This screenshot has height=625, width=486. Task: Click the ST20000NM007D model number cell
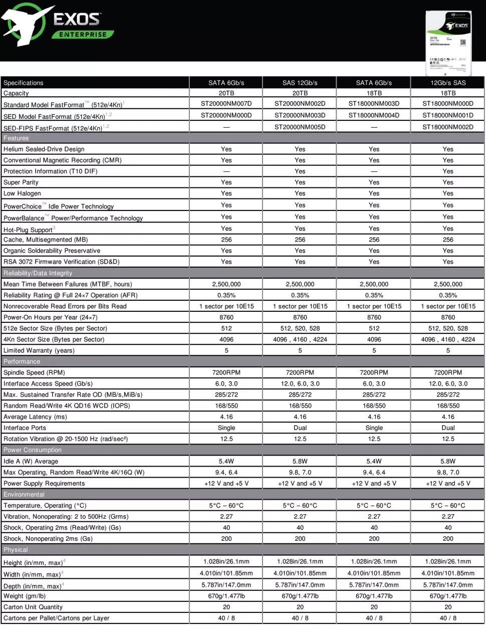(226, 104)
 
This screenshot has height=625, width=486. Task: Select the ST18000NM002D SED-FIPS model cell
(447, 127)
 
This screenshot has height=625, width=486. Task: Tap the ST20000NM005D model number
(300, 127)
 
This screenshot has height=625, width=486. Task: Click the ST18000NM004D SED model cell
(374, 115)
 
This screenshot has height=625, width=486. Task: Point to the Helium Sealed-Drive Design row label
(44, 149)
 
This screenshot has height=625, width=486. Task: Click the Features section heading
(16, 138)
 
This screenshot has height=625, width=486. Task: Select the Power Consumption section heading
(33, 450)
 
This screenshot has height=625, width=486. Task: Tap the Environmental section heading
(24, 495)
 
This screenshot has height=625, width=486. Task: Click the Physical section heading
(16, 550)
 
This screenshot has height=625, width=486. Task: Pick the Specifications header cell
(24, 83)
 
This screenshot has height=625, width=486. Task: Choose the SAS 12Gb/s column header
(300, 83)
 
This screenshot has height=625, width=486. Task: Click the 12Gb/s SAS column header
(447, 83)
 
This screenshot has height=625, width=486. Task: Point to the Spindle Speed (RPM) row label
(34, 373)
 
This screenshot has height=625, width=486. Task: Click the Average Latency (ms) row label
(35, 417)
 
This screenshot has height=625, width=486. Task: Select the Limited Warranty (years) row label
(39, 351)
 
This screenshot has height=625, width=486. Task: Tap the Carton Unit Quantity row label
(33, 607)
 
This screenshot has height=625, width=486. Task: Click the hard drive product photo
(448, 43)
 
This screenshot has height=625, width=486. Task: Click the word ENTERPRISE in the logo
(83, 35)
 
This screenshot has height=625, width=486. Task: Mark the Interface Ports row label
(25, 428)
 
